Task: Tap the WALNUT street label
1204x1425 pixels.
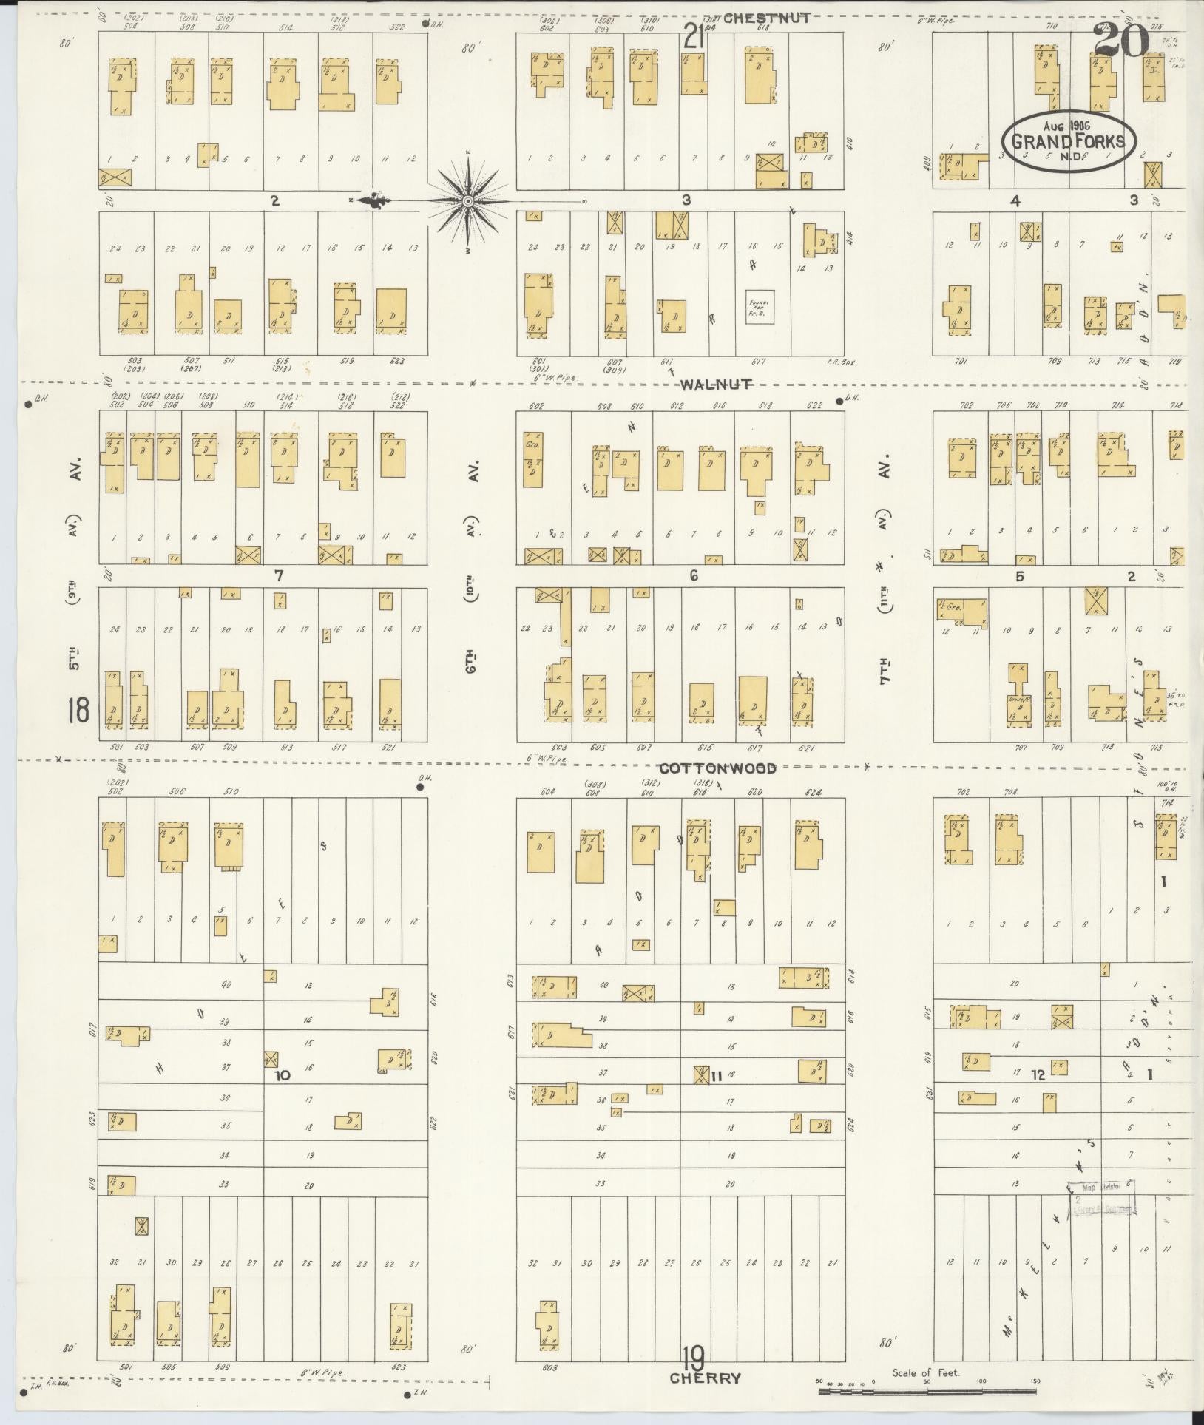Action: (717, 384)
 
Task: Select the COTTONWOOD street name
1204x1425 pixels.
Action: (717, 768)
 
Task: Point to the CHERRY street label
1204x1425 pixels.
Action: (705, 1378)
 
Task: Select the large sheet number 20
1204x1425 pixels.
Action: (1120, 38)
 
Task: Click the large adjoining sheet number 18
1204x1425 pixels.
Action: (78, 711)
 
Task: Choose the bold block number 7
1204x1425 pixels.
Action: (279, 575)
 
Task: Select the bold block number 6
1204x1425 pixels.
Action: (693, 575)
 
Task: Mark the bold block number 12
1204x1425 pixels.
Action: (1038, 1074)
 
